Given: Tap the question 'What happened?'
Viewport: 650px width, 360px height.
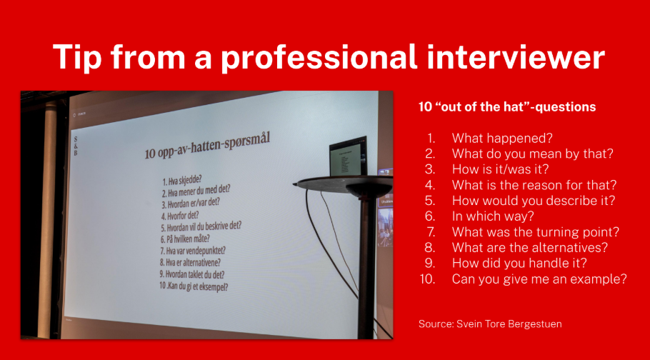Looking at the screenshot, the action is point(502,138).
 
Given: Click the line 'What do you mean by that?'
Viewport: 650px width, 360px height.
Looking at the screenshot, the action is point(532,154).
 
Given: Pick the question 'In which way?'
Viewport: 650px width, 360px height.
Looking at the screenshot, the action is point(493,216).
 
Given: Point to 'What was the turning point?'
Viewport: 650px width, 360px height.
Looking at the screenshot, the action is point(535,232).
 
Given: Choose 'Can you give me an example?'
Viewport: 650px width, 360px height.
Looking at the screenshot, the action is point(539,279).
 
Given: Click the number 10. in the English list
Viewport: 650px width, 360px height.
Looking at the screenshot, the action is point(427,279).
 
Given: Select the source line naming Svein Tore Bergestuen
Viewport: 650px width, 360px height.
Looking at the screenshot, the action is point(490,324).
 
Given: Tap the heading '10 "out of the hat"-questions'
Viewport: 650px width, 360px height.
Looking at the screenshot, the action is point(507,107).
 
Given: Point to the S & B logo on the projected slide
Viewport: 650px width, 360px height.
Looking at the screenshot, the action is point(76,146).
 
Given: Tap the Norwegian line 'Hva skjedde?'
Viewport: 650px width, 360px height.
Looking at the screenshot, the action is point(182,181).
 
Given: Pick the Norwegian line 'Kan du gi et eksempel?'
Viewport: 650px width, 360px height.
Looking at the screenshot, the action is point(194,286).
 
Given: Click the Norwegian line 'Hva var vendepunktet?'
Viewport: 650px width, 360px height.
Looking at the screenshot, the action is point(193,251).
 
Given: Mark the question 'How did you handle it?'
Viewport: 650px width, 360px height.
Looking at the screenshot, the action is point(519,264).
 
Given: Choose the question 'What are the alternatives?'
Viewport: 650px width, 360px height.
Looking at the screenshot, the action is point(530,248).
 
